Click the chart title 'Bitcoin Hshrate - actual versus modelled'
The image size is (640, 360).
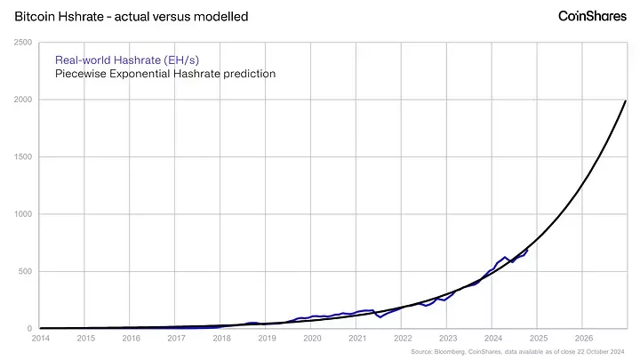click(124, 16)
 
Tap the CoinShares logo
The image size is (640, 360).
click(592, 16)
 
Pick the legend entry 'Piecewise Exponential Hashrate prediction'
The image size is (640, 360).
click(164, 73)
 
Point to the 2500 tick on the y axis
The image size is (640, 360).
click(23, 43)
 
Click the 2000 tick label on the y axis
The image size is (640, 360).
click(23, 100)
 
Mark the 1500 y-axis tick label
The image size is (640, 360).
click(23, 157)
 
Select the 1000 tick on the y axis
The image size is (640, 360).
click(23, 214)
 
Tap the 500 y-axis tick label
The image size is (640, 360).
click(26, 272)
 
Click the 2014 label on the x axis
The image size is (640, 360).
click(40, 339)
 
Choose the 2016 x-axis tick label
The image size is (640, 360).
click(131, 339)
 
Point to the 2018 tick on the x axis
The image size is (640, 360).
click(221, 339)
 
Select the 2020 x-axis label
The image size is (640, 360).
click(312, 339)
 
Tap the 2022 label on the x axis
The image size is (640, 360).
click(403, 339)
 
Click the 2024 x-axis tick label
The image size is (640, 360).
click(493, 339)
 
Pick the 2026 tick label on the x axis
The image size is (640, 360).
click(583, 339)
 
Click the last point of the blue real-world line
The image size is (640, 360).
click(528, 250)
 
